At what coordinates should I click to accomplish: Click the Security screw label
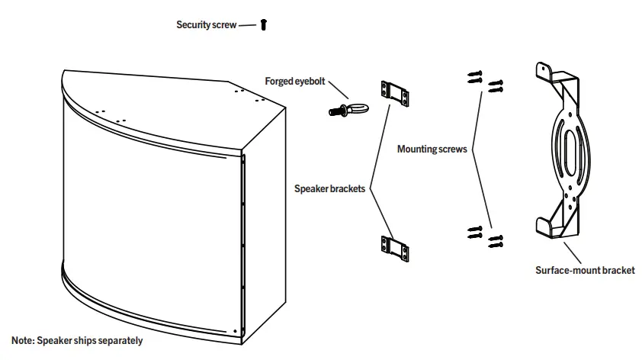point(206,25)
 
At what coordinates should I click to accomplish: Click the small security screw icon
point(264,25)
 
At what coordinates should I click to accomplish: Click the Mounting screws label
point(432,149)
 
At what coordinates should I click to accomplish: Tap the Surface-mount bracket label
point(585,270)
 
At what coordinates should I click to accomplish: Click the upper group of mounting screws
point(485,80)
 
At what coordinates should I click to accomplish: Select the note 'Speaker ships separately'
point(77,341)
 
